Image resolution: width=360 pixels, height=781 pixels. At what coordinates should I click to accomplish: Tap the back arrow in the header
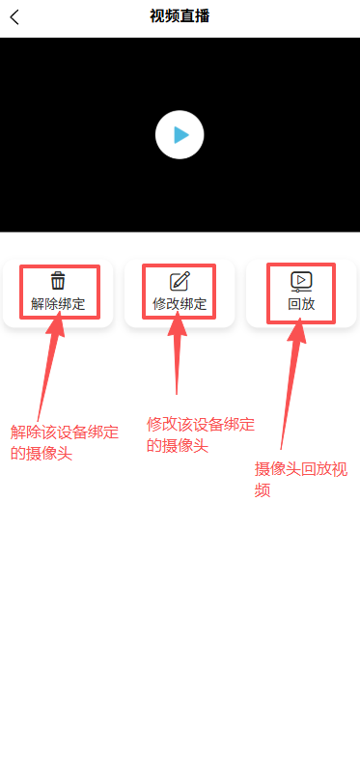(x=14, y=16)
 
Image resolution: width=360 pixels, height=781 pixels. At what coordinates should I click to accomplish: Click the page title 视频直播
(x=180, y=15)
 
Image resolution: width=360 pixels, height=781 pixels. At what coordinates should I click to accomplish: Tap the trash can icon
(x=58, y=281)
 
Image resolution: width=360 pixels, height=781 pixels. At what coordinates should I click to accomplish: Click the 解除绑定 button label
(x=58, y=304)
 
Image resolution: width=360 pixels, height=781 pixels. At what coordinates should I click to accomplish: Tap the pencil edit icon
(x=180, y=281)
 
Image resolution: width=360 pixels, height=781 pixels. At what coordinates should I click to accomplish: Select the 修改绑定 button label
(x=180, y=304)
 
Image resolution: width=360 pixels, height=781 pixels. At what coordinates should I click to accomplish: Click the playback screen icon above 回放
(x=301, y=281)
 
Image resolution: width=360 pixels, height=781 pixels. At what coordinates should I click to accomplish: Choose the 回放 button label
(x=301, y=304)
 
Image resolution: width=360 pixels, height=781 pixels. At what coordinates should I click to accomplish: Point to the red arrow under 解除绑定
(x=48, y=367)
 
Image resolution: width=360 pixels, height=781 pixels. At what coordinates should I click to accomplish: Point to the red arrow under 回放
(x=291, y=386)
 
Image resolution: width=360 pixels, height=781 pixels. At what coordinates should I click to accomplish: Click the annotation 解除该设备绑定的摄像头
(x=64, y=441)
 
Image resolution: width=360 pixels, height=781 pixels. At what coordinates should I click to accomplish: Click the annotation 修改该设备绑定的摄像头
(x=201, y=434)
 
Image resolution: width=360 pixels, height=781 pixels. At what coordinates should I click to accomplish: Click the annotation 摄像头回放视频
(x=300, y=479)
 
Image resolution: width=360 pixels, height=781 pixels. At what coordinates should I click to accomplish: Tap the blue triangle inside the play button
(x=180, y=135)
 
